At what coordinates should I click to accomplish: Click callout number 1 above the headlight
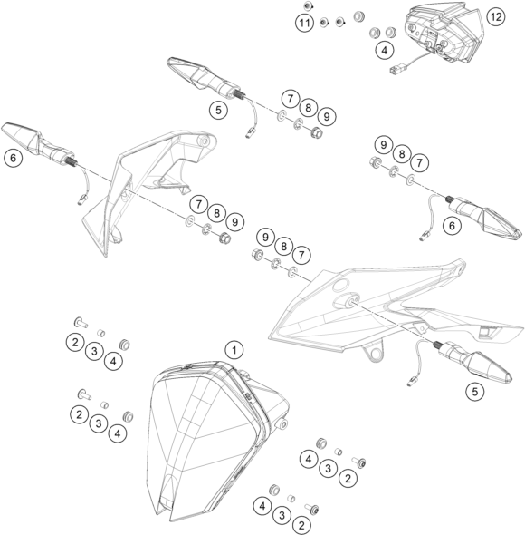tap(234, 350)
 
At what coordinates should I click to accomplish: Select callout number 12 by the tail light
tap(496, 16)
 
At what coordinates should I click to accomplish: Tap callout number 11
tap(304, 23)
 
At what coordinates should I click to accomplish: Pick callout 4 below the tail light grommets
tap(385, 50)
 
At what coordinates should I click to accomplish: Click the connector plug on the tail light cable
tap(395, 70)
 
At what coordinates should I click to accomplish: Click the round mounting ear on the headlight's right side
tap(282, 424)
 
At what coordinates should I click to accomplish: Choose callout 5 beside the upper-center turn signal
tap(218, 110)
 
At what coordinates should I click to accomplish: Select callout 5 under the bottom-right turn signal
tap(475, 392)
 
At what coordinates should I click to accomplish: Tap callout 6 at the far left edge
tap(13, 158)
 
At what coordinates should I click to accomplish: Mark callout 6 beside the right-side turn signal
tap(452, 226)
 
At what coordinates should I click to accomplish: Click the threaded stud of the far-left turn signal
tap(72, 161)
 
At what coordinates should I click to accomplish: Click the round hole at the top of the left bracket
tap(203, 141)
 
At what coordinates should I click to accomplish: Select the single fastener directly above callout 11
tap(308, 5)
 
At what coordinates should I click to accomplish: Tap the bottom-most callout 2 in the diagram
tap(301, 525)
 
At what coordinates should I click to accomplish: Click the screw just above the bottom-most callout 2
tap(312, 509)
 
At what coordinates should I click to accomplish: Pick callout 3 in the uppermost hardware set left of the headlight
tap(94, 351)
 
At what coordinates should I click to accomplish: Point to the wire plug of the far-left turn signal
tap(81, 199)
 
